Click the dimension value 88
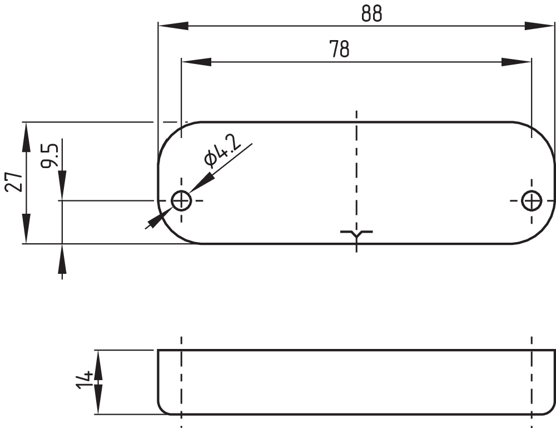click(371, 14)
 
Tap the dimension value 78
click(340, 50)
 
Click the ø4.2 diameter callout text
click(222, 151)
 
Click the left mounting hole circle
click(181, 200)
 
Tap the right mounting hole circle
click(532, 200)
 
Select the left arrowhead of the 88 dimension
click(172, 26)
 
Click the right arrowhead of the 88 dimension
click(539, 26)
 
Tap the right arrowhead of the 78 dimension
click(517, 61)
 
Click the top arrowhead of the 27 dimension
click(26, 137)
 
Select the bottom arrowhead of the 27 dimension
click(26, 229)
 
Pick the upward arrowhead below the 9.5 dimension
click(62, 259)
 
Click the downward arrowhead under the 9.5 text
click(62, 184)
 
